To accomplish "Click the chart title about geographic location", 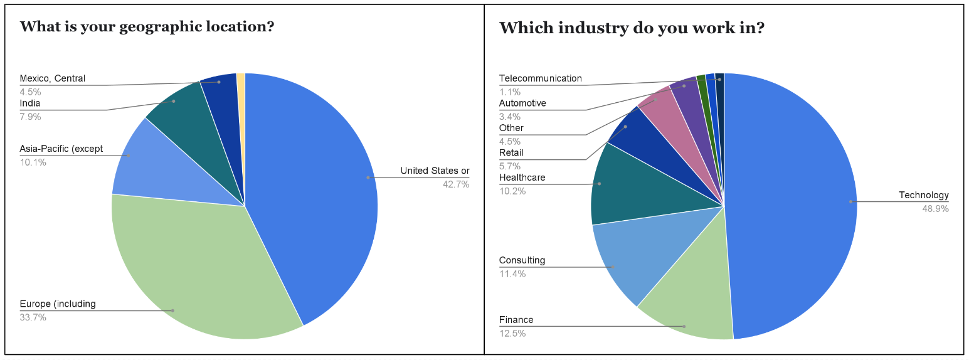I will point(147,27).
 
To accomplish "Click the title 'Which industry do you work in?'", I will point(631,28).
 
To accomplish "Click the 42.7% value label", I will point(456,184).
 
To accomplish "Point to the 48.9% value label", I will point(935,209).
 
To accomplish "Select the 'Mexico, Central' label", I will point(52,79).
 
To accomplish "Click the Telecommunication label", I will point(540,78).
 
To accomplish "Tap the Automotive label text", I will point(522,103).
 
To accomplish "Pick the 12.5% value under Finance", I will point(512,334).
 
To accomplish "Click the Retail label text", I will point(511,152).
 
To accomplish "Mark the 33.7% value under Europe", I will point(33,317).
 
